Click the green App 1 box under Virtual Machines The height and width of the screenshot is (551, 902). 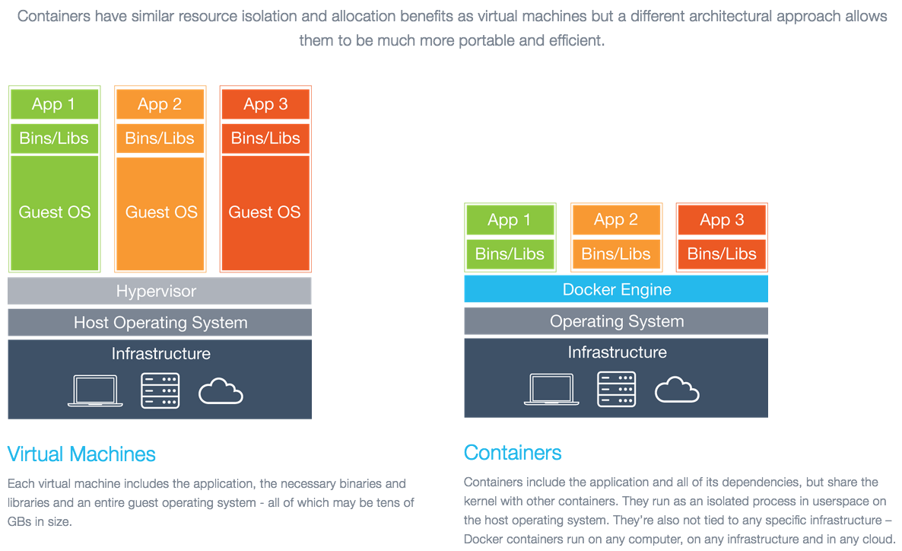pos(54,104)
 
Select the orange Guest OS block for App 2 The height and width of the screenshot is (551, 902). pos(160,212)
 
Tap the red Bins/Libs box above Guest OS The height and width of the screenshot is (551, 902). pos(265,139)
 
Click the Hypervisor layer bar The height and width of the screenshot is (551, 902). pos(159,291)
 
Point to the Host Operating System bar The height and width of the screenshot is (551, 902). pos(159,323)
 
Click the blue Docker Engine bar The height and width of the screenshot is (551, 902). pos(616,289)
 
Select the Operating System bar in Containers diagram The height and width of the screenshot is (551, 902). pos(616,321)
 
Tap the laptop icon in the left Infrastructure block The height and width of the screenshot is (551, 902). pos(94,390)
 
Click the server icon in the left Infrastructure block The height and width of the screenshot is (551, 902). pos(160,390)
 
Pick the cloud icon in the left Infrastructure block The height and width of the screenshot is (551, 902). pos(221,393)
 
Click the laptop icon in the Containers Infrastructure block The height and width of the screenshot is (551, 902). pos(550,389)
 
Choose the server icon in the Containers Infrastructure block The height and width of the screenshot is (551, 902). pos(616,389)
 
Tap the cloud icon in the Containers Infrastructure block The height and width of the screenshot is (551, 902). pos(677,390)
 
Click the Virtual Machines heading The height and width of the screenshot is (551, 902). pos(81,454)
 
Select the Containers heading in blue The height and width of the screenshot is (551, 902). pos(513,453)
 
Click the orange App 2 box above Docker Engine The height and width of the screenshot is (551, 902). pos(616,220)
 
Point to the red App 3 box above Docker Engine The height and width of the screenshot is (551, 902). pos(722,220)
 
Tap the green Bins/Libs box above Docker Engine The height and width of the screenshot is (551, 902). pos(510,254)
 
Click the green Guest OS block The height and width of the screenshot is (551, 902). pos(54,212)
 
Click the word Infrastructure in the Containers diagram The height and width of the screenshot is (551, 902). pos(617,352)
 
